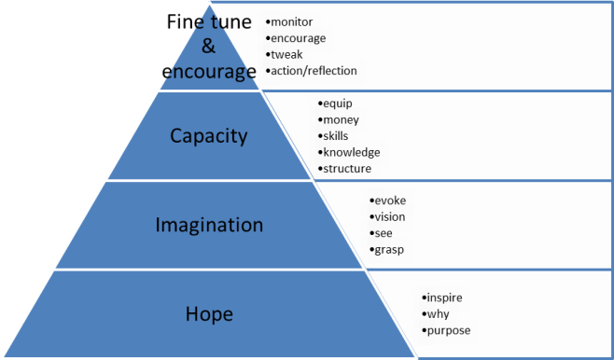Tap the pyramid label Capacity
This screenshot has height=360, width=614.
click(x=208, y=135)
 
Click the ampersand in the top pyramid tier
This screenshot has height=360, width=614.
click(x=208, y=46)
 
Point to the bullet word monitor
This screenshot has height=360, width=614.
click(x=291, y=21)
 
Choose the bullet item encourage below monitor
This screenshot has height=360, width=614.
click(x=300, y=37)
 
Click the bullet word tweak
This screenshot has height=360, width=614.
click(x=286, y=54)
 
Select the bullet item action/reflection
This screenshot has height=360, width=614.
click(x=314, y=71)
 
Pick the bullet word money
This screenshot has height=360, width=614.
click(x=341, y=119)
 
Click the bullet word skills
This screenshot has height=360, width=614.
click(x=337, y=135)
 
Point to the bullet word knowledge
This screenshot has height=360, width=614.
click(x=352, y=152)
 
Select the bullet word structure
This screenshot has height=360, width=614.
click(x=347, y=169)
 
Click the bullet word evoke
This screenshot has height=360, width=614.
click(x=390, y=201)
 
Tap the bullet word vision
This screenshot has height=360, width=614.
click(x=390, y=217)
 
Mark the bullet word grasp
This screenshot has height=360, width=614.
click(x=389, y=250)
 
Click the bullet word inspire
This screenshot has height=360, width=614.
click(x=444, y=298)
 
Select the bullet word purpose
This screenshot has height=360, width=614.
click(x=449, y=331)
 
